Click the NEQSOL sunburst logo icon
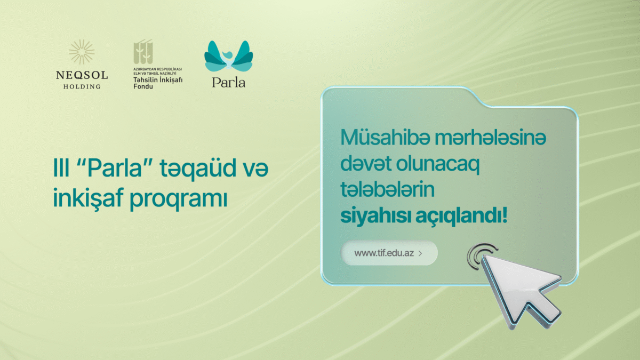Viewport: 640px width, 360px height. [82, 52]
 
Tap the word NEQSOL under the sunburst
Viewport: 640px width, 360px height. [82, 75]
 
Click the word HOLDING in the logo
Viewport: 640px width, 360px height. [82, 86]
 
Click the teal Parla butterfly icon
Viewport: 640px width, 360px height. [228, 55]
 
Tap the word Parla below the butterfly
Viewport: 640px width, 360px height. [228, 83]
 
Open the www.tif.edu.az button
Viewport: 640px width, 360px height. [389, 253]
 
